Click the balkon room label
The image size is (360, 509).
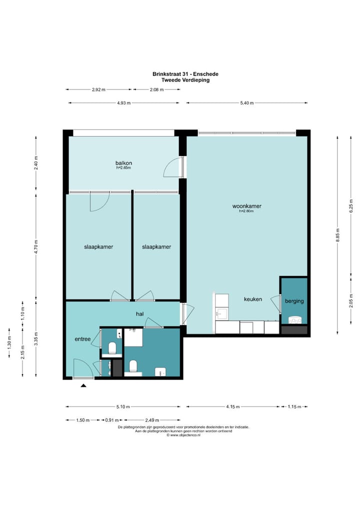pyautogui.click(x=123, y=163)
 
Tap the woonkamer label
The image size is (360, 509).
pyautogui.click(x=246, y=206)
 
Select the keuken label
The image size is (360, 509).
pyautogui.click(x=253, y=299)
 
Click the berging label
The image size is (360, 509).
pyautogui.click(x=294, y=301)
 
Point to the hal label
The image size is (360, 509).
pyautogui.click(x=140, y=314)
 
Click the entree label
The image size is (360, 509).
pyautogui.click(x=82, y=339)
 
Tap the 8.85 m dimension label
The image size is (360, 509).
pyautogui.click(x=337, y=235)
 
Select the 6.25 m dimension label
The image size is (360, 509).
pyautogui.click(x=351, y=206)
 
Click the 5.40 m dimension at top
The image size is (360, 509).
pyautogui.click(x=246, y=103)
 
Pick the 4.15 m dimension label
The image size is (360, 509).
pyautogui.click(x=233, y=406)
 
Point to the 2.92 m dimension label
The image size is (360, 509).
pyautogui.click(x=98, y=89)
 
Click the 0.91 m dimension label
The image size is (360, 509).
pyautogui.click(x=111, y=420)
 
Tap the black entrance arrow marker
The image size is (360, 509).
pyautogui.click(x=83, y=385)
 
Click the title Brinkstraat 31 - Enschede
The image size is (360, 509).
pyautogui.click(x=185, y=74)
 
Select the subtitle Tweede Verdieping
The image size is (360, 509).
pyautogui.click(x=185, y=80)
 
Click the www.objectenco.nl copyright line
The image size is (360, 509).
pyautogui.click(x=183, y=435)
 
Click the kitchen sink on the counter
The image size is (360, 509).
pyautogui.click(x=222, y=313)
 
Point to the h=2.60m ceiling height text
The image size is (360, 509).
pyautogui.click(x=246, y=211)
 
